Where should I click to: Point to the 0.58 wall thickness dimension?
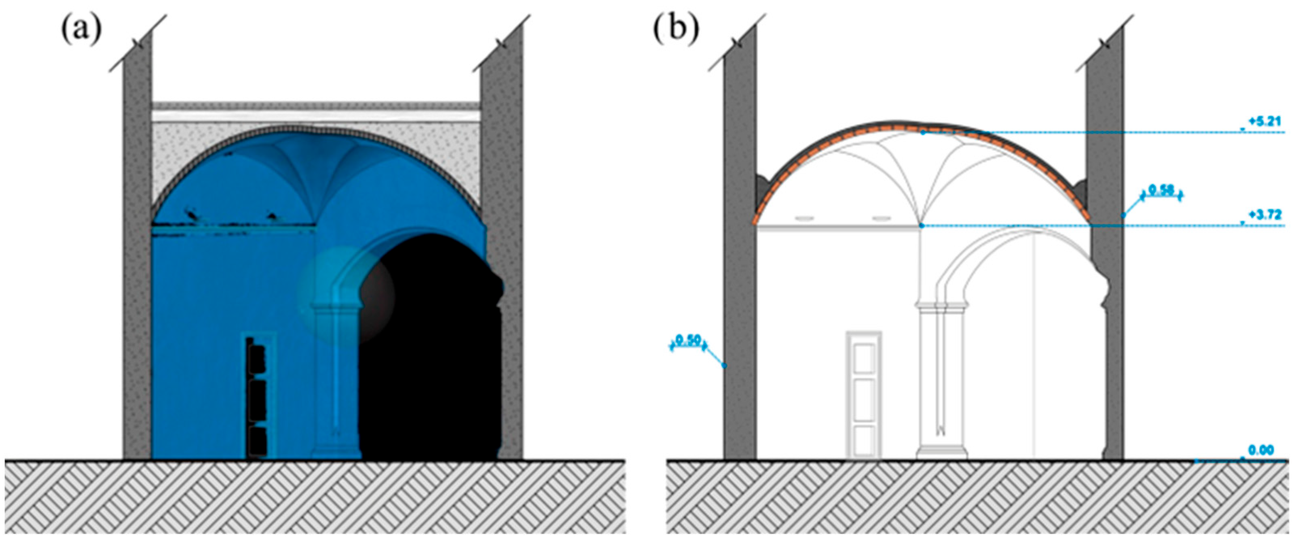tap(1162, 191)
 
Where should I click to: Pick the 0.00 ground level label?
tap(1260, 451)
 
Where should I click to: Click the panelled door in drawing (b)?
tap(863, 395)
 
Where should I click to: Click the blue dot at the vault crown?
tap(923, 132)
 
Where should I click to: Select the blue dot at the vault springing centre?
tap(921, 226)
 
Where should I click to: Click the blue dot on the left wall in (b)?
tap(724, 366)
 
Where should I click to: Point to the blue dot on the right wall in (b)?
tap(1124, 215)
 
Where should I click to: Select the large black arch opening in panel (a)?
tap(432, 352)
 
